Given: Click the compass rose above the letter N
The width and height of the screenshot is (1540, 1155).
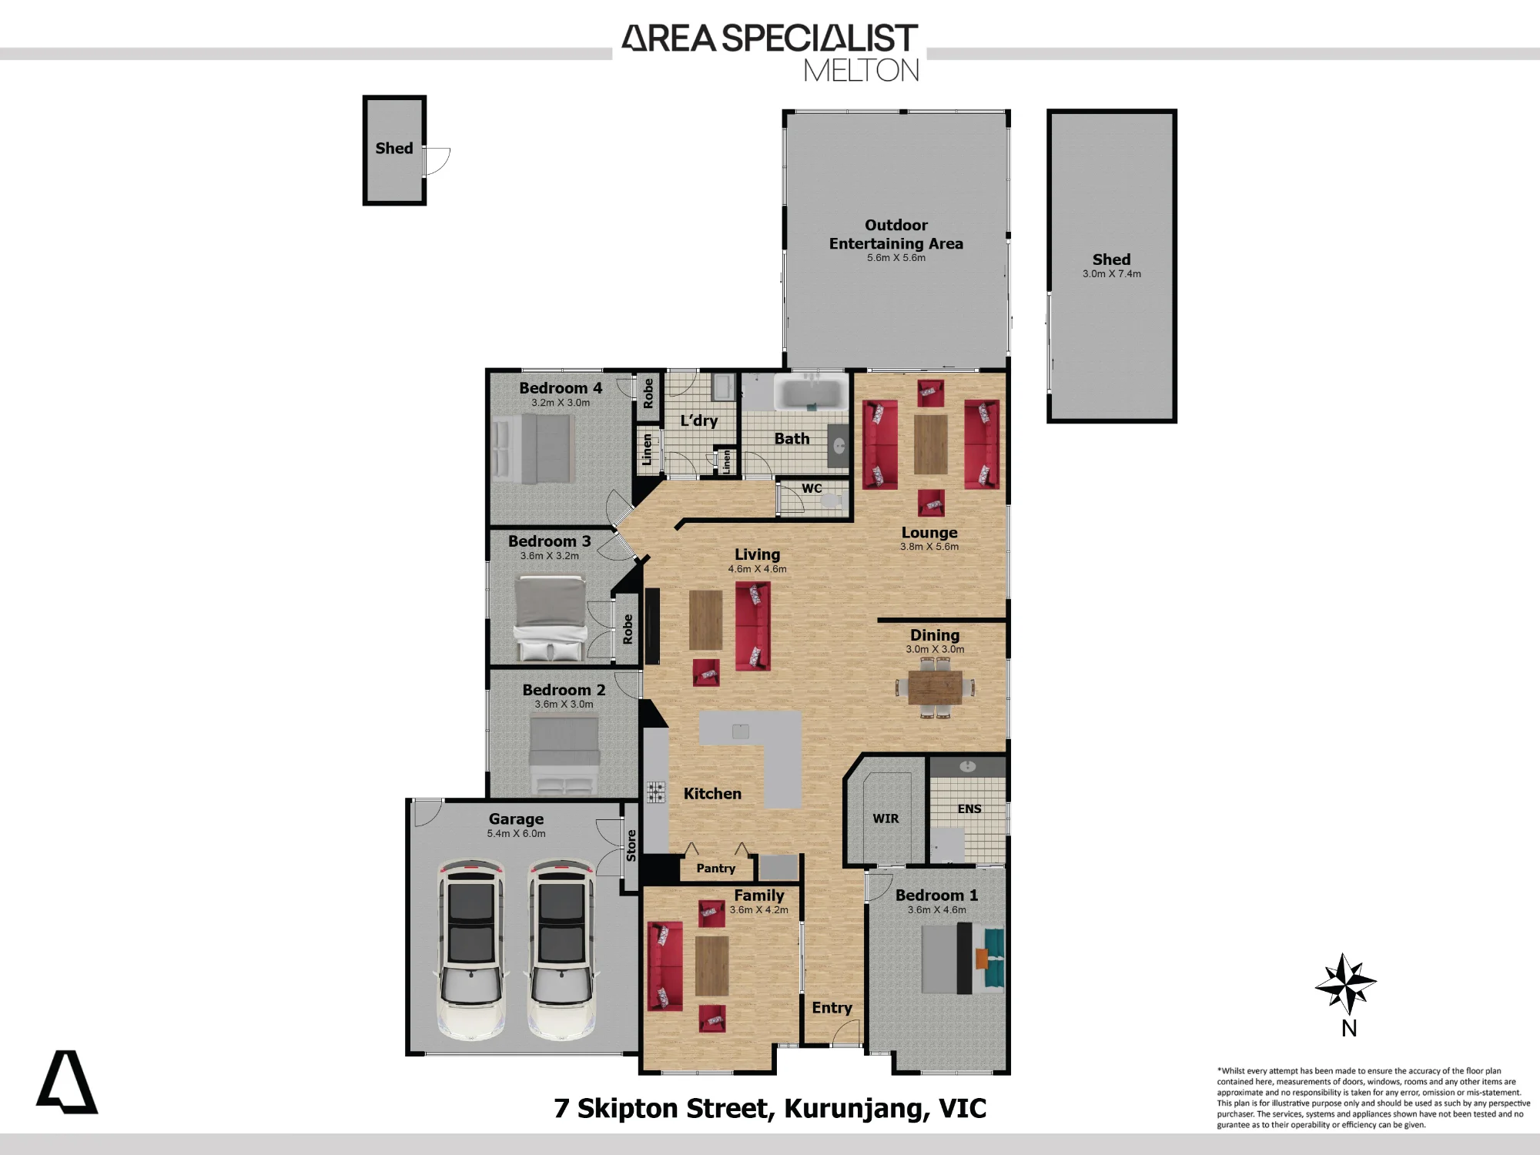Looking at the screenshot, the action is pos(1345,983).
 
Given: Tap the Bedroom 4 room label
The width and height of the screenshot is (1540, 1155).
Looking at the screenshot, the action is pos(561,388).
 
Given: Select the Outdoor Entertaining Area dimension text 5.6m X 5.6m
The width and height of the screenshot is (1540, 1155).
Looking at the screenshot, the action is pos(896,258).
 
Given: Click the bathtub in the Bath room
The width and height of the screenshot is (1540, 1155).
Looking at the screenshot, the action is pos(811,392).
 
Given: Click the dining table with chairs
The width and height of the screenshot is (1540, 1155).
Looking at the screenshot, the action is pos(935,688).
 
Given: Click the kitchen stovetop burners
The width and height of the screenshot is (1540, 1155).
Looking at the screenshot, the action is pos(656,792).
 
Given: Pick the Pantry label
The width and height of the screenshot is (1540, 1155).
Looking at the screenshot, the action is pos(716,869).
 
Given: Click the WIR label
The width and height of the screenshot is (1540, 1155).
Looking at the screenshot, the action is pos(885,819).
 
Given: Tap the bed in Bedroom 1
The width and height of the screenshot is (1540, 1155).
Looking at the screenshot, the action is pos(962,959).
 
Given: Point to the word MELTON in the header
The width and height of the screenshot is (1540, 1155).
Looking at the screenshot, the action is pos(862,71).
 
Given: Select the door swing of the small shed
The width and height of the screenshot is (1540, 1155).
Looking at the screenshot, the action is pos(437,161).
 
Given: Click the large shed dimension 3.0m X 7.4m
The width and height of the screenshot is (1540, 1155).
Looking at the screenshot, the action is pos(1112,274).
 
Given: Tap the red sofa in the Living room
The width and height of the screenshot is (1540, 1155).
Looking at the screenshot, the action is pos(752,626).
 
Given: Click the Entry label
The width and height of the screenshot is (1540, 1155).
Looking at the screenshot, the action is pos(832,1008).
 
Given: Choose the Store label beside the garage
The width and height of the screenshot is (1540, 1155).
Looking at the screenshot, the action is pos(631,845).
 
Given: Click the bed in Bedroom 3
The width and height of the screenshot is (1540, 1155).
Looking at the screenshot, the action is pos(550,619).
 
